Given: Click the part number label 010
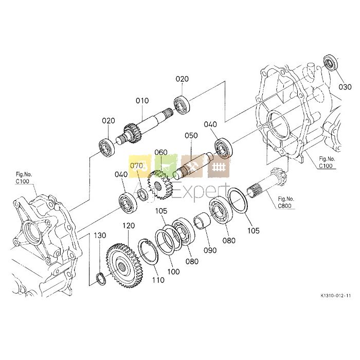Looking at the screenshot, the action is tap(142, 101).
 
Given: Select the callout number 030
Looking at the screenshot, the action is tap(345, 87).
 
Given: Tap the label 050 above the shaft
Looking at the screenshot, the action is tap(191, 135).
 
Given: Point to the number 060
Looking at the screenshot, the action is tap(161, 152).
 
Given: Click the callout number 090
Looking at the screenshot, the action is tap(210, 250).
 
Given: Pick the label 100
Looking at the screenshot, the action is tap(173, 272).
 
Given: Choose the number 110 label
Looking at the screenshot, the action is tap(158, 280).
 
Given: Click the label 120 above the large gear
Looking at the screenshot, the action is tap(129, 226).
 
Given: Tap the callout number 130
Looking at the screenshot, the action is tap(100, 236).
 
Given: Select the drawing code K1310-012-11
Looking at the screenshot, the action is tap(336, 296).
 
